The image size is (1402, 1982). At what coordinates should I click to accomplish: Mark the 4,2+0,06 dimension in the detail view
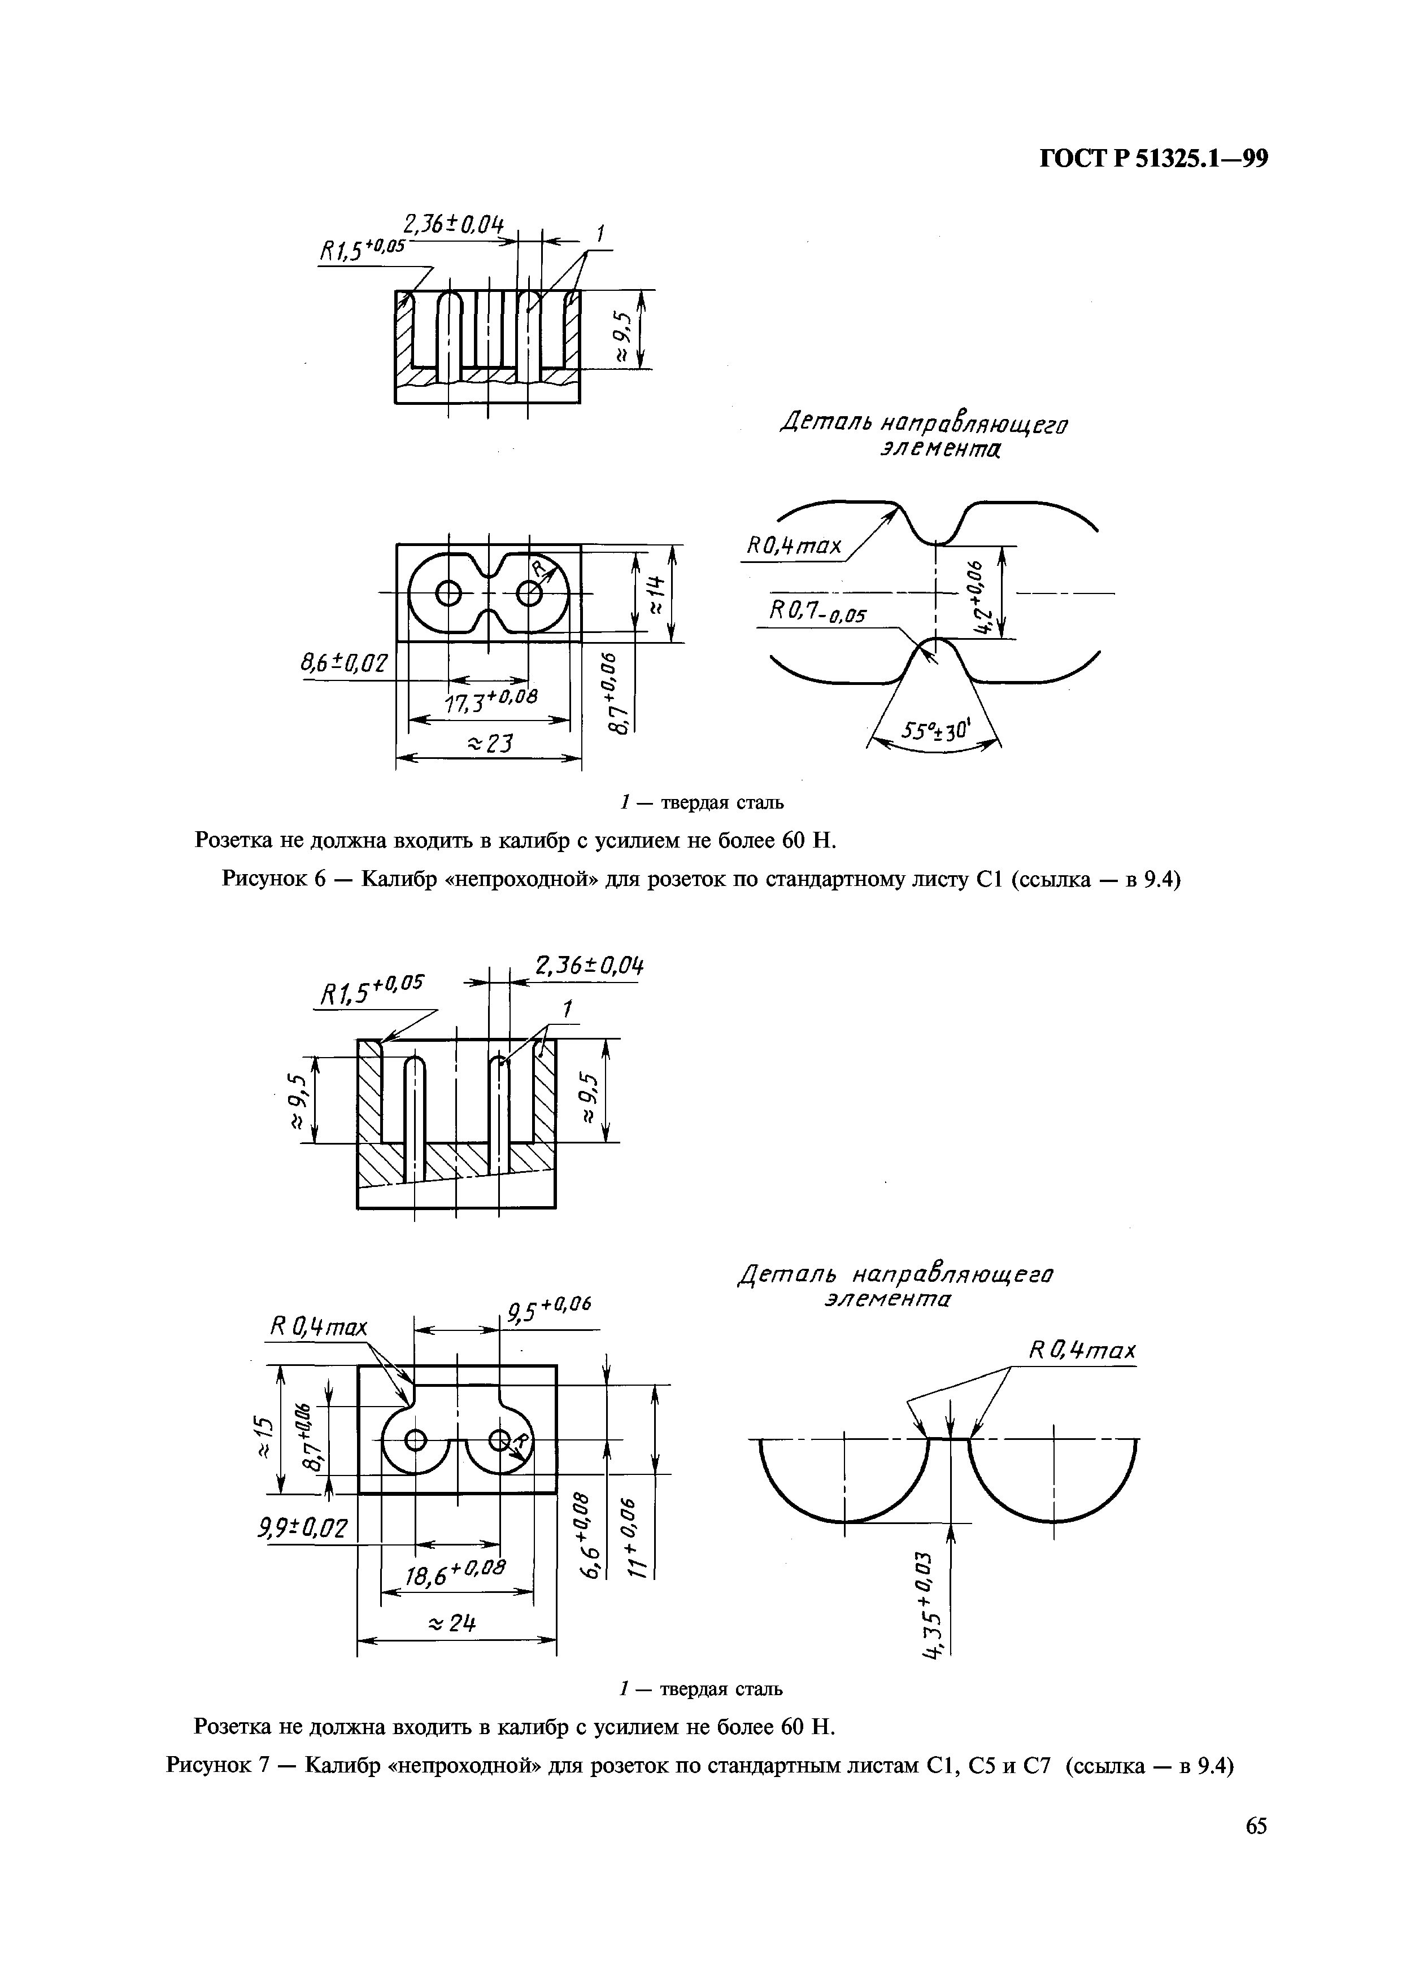point(978,596)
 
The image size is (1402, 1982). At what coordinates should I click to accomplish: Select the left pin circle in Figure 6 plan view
point(449,593)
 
